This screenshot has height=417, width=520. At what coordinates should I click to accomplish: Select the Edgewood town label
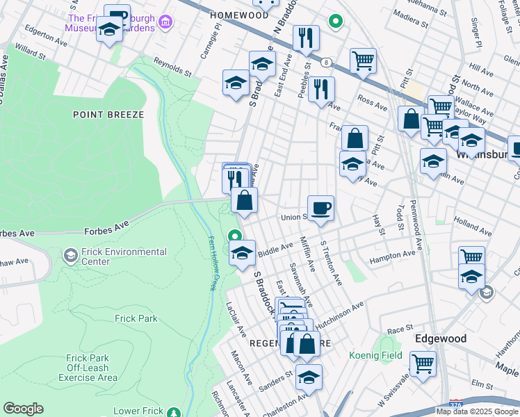coord(440,338)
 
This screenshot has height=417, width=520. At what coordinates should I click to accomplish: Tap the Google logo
coord(23,409)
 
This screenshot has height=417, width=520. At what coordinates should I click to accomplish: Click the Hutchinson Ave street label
coord(340,316)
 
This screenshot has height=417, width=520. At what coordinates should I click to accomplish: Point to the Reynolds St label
coord(172,66)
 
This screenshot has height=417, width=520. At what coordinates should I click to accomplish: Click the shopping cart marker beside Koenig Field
coord(423,363)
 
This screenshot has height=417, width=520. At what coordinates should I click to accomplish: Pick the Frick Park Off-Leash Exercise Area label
coord(88,368)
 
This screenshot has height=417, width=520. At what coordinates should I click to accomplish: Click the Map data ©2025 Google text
coord(477,411)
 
